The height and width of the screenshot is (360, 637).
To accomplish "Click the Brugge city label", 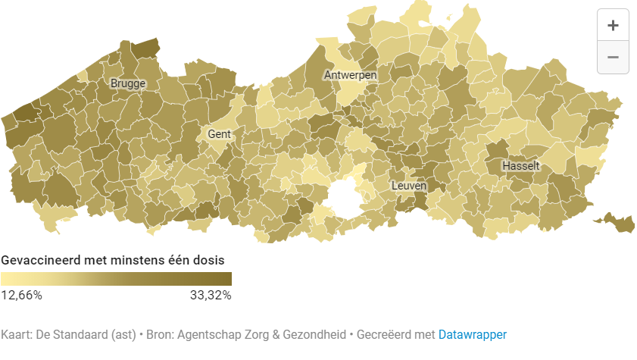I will [127, 83].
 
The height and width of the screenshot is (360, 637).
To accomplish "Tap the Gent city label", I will [219, 134].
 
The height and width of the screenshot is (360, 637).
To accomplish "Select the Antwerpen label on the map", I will [350, 75].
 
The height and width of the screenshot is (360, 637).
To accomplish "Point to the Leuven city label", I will [409, 186].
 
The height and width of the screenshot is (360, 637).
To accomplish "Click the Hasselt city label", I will [521, 165].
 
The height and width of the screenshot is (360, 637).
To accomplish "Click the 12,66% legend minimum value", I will [21, 295].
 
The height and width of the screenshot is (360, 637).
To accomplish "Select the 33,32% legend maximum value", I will [211, 295].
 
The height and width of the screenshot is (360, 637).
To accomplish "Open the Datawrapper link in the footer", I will [472, 334].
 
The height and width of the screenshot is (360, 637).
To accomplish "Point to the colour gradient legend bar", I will [116, 279].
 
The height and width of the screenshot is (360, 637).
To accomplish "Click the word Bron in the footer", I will [158, 334].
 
